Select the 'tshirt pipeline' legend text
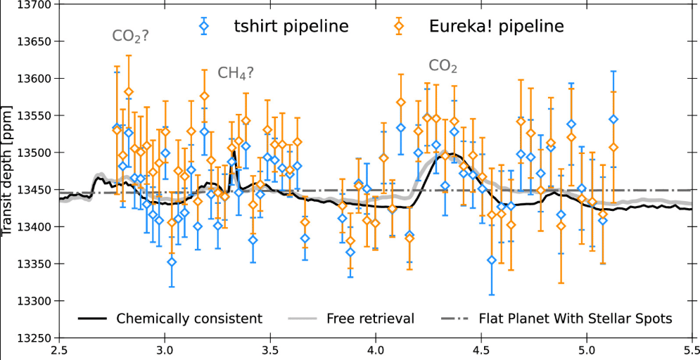291,27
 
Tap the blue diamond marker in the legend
204,27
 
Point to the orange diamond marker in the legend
399,27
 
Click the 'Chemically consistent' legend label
189,319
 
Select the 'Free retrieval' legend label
370,319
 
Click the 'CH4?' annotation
234,72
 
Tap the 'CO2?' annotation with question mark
130,36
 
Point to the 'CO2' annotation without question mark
443,66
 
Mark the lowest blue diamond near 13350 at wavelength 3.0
171,262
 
